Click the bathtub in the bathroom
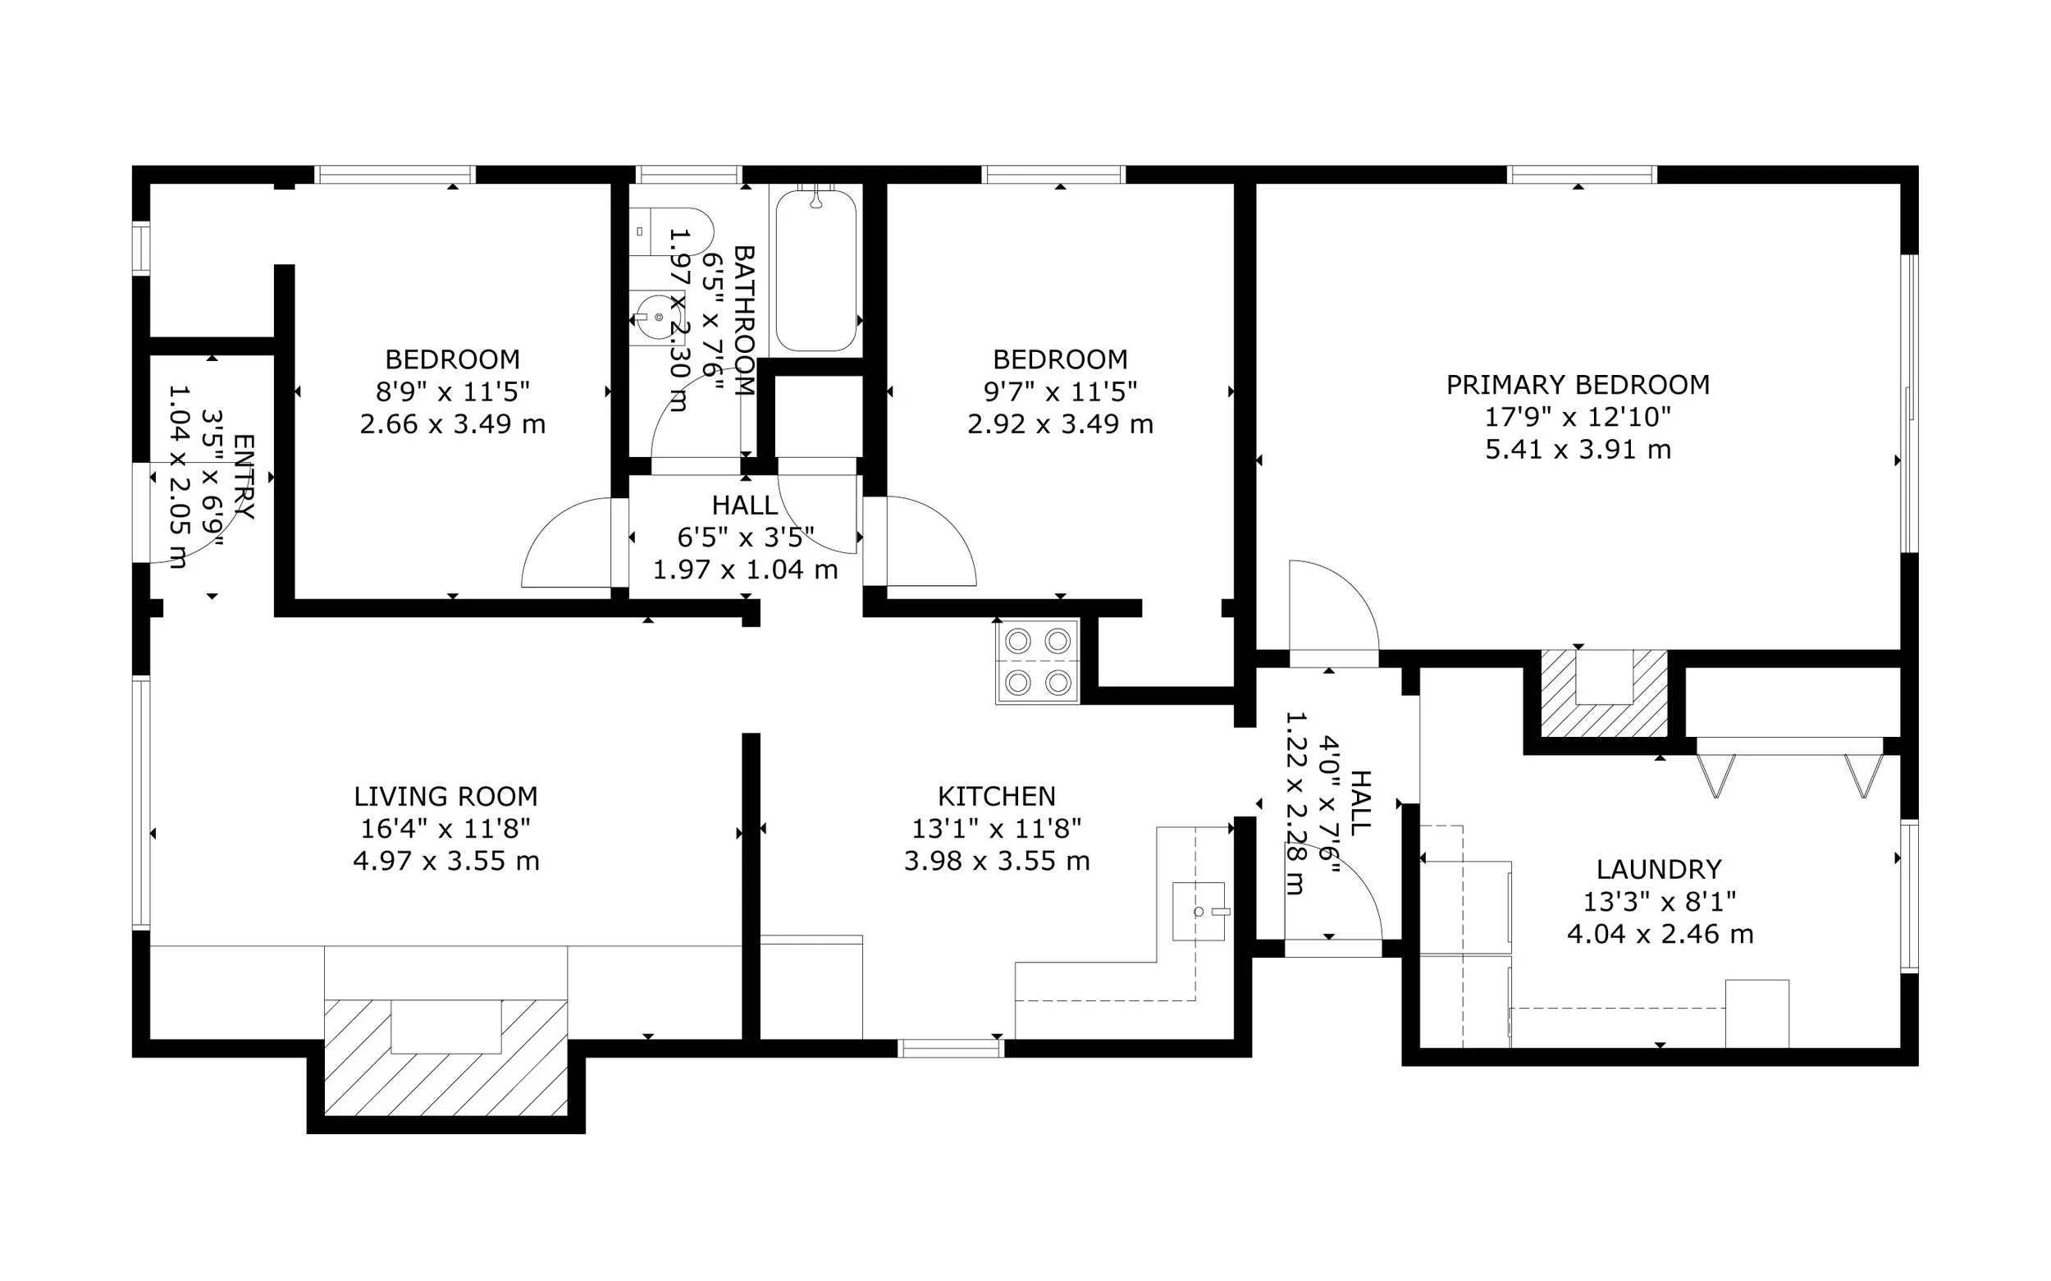click(815, 270)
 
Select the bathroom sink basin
click(657, 318)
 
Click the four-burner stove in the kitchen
click(1037, 661)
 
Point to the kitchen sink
click(1199, 912)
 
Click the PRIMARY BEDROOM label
click(1578, 386)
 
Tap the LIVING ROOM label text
click(445, 796)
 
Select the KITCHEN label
click(997, 796)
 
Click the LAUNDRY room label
click(1659, 869)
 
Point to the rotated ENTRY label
click(243, 476)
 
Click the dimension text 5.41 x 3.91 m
click(1578, 449)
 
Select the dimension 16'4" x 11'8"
click(445, 829)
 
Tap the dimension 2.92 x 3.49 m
click(1060, 423)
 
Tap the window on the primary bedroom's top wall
click(1581, 175)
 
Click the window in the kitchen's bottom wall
click(951, 1048)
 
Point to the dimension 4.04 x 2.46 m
click(1660, 935)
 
